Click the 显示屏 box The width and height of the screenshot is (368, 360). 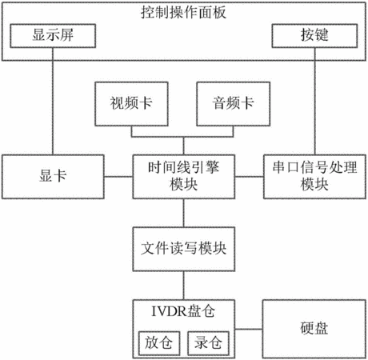click(x=53, y=36)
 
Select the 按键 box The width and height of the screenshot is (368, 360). click(x=314, y=36)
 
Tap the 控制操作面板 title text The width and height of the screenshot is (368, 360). click(x=183, y=12)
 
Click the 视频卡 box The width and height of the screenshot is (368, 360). click(x=131, y=104)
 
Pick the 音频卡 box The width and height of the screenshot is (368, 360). click(x=234, y=104)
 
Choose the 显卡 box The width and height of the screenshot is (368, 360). click(x=53, y=177)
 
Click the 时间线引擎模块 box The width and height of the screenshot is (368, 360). click(x=184, y=177)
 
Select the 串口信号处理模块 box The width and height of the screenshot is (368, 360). click(x=314, y=177)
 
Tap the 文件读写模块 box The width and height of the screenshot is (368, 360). click(x=184, y=249)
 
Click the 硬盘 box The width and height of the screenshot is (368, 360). click(x=314, y=329)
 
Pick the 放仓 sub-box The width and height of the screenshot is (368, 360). click(x=159, y=343)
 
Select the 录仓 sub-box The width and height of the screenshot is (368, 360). click(x=208, y=343)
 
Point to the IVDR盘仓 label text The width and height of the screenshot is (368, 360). click(x=183, y=311)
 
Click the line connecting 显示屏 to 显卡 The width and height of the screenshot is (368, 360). click(x=53, y=102)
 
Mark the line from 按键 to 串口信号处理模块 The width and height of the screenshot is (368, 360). click(x=315, y=102)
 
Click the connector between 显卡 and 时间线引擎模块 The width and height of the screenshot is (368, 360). click(x=118, y=177)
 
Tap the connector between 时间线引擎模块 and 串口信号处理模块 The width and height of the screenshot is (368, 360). click(x=250, y=177)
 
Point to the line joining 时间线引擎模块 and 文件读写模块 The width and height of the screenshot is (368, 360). click(x=184, y=213)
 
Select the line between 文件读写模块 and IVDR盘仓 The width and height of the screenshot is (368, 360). click(x=184, y=286)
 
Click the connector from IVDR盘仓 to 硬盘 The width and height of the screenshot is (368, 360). click(x=249, y=329)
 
